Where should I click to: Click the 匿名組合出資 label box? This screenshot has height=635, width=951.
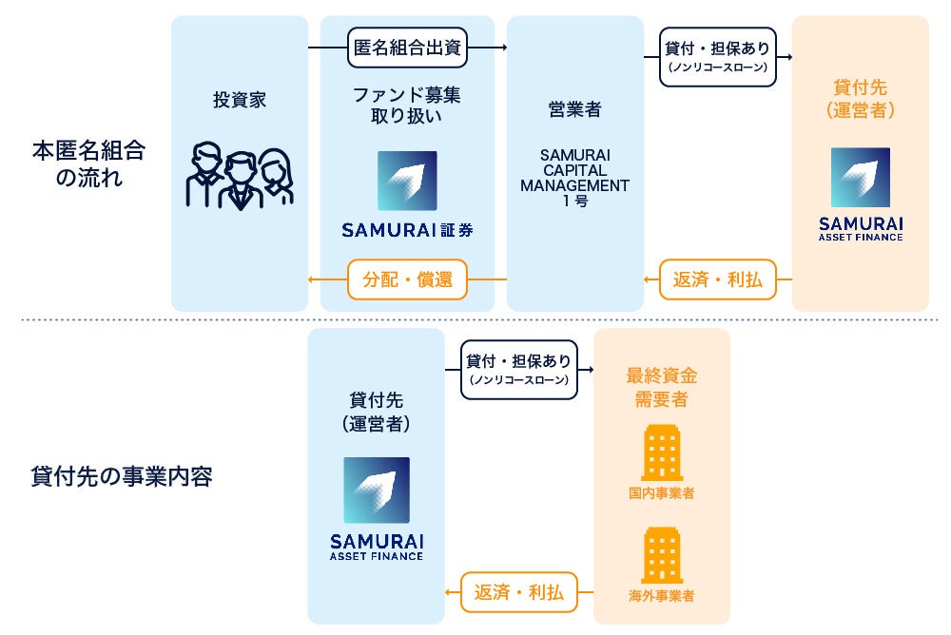(408, 48)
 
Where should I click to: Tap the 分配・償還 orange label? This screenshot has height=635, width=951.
(407, 279)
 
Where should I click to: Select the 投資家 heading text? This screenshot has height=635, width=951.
(240, 100)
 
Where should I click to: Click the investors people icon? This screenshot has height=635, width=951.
(239, 176)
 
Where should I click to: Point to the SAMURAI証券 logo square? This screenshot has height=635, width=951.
(407, 181)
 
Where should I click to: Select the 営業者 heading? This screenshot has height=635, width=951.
(574, 109)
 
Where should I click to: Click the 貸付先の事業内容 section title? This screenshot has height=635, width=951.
(122, 475)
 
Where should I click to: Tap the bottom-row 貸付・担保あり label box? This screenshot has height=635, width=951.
(518, 369)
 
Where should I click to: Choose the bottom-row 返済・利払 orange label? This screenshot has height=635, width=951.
(518, 593)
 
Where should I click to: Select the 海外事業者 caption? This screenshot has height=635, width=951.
(661, 597)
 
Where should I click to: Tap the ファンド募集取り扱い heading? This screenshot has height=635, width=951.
(407, 106)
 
